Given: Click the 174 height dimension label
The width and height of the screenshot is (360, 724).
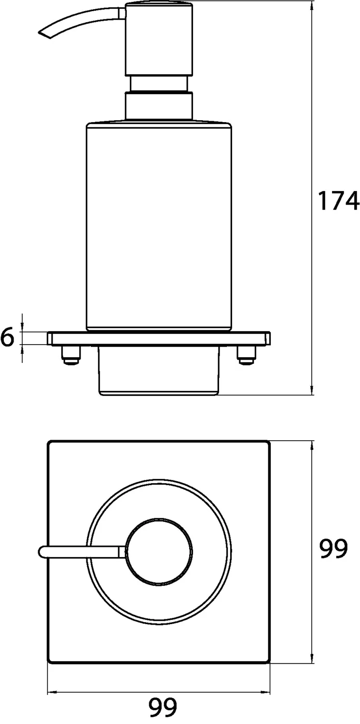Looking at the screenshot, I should [338, 201].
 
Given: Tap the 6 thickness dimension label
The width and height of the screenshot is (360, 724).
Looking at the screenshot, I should [7, 337].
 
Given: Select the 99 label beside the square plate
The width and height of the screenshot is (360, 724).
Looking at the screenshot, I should [333, 549].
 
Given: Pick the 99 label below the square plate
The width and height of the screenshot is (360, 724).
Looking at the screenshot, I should [163, 707].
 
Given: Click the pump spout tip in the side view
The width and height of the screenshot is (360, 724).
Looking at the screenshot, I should [42, 33].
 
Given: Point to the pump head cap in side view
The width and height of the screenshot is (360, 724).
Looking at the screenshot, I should [159, 39].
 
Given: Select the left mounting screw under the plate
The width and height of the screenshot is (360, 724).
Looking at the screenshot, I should [70, 356].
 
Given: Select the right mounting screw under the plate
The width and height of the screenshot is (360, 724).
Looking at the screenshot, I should [244, 356].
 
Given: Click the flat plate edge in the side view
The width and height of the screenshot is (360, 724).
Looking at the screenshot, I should [159, 338].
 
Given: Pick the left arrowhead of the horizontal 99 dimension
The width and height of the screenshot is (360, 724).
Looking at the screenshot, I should [51, 694].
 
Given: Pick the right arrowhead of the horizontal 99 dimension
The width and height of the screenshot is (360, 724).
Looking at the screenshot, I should [266, 694].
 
